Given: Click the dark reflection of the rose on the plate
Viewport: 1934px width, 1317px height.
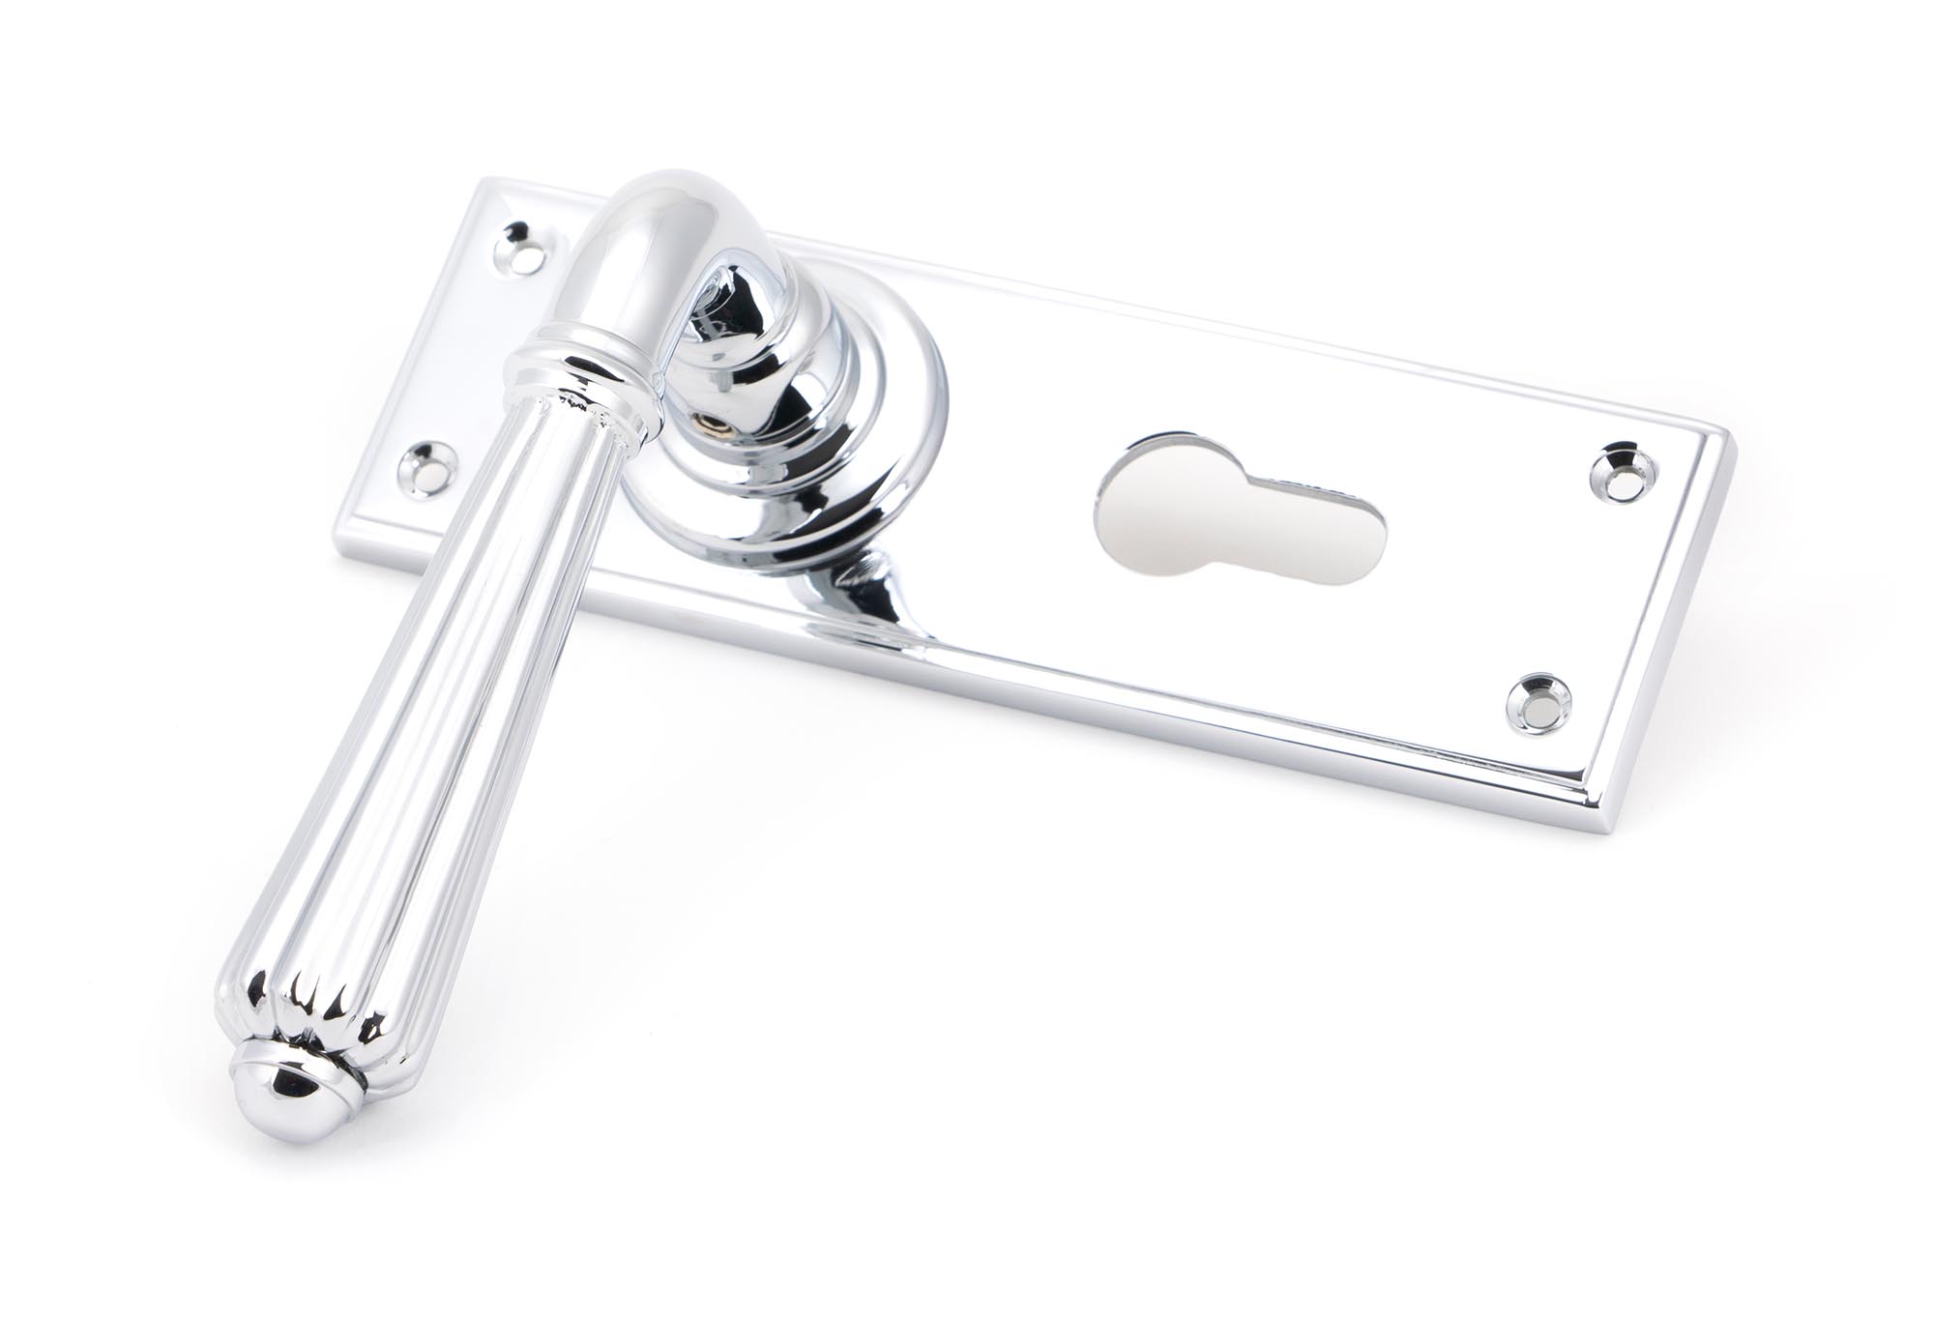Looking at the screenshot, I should tap(870, 590).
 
